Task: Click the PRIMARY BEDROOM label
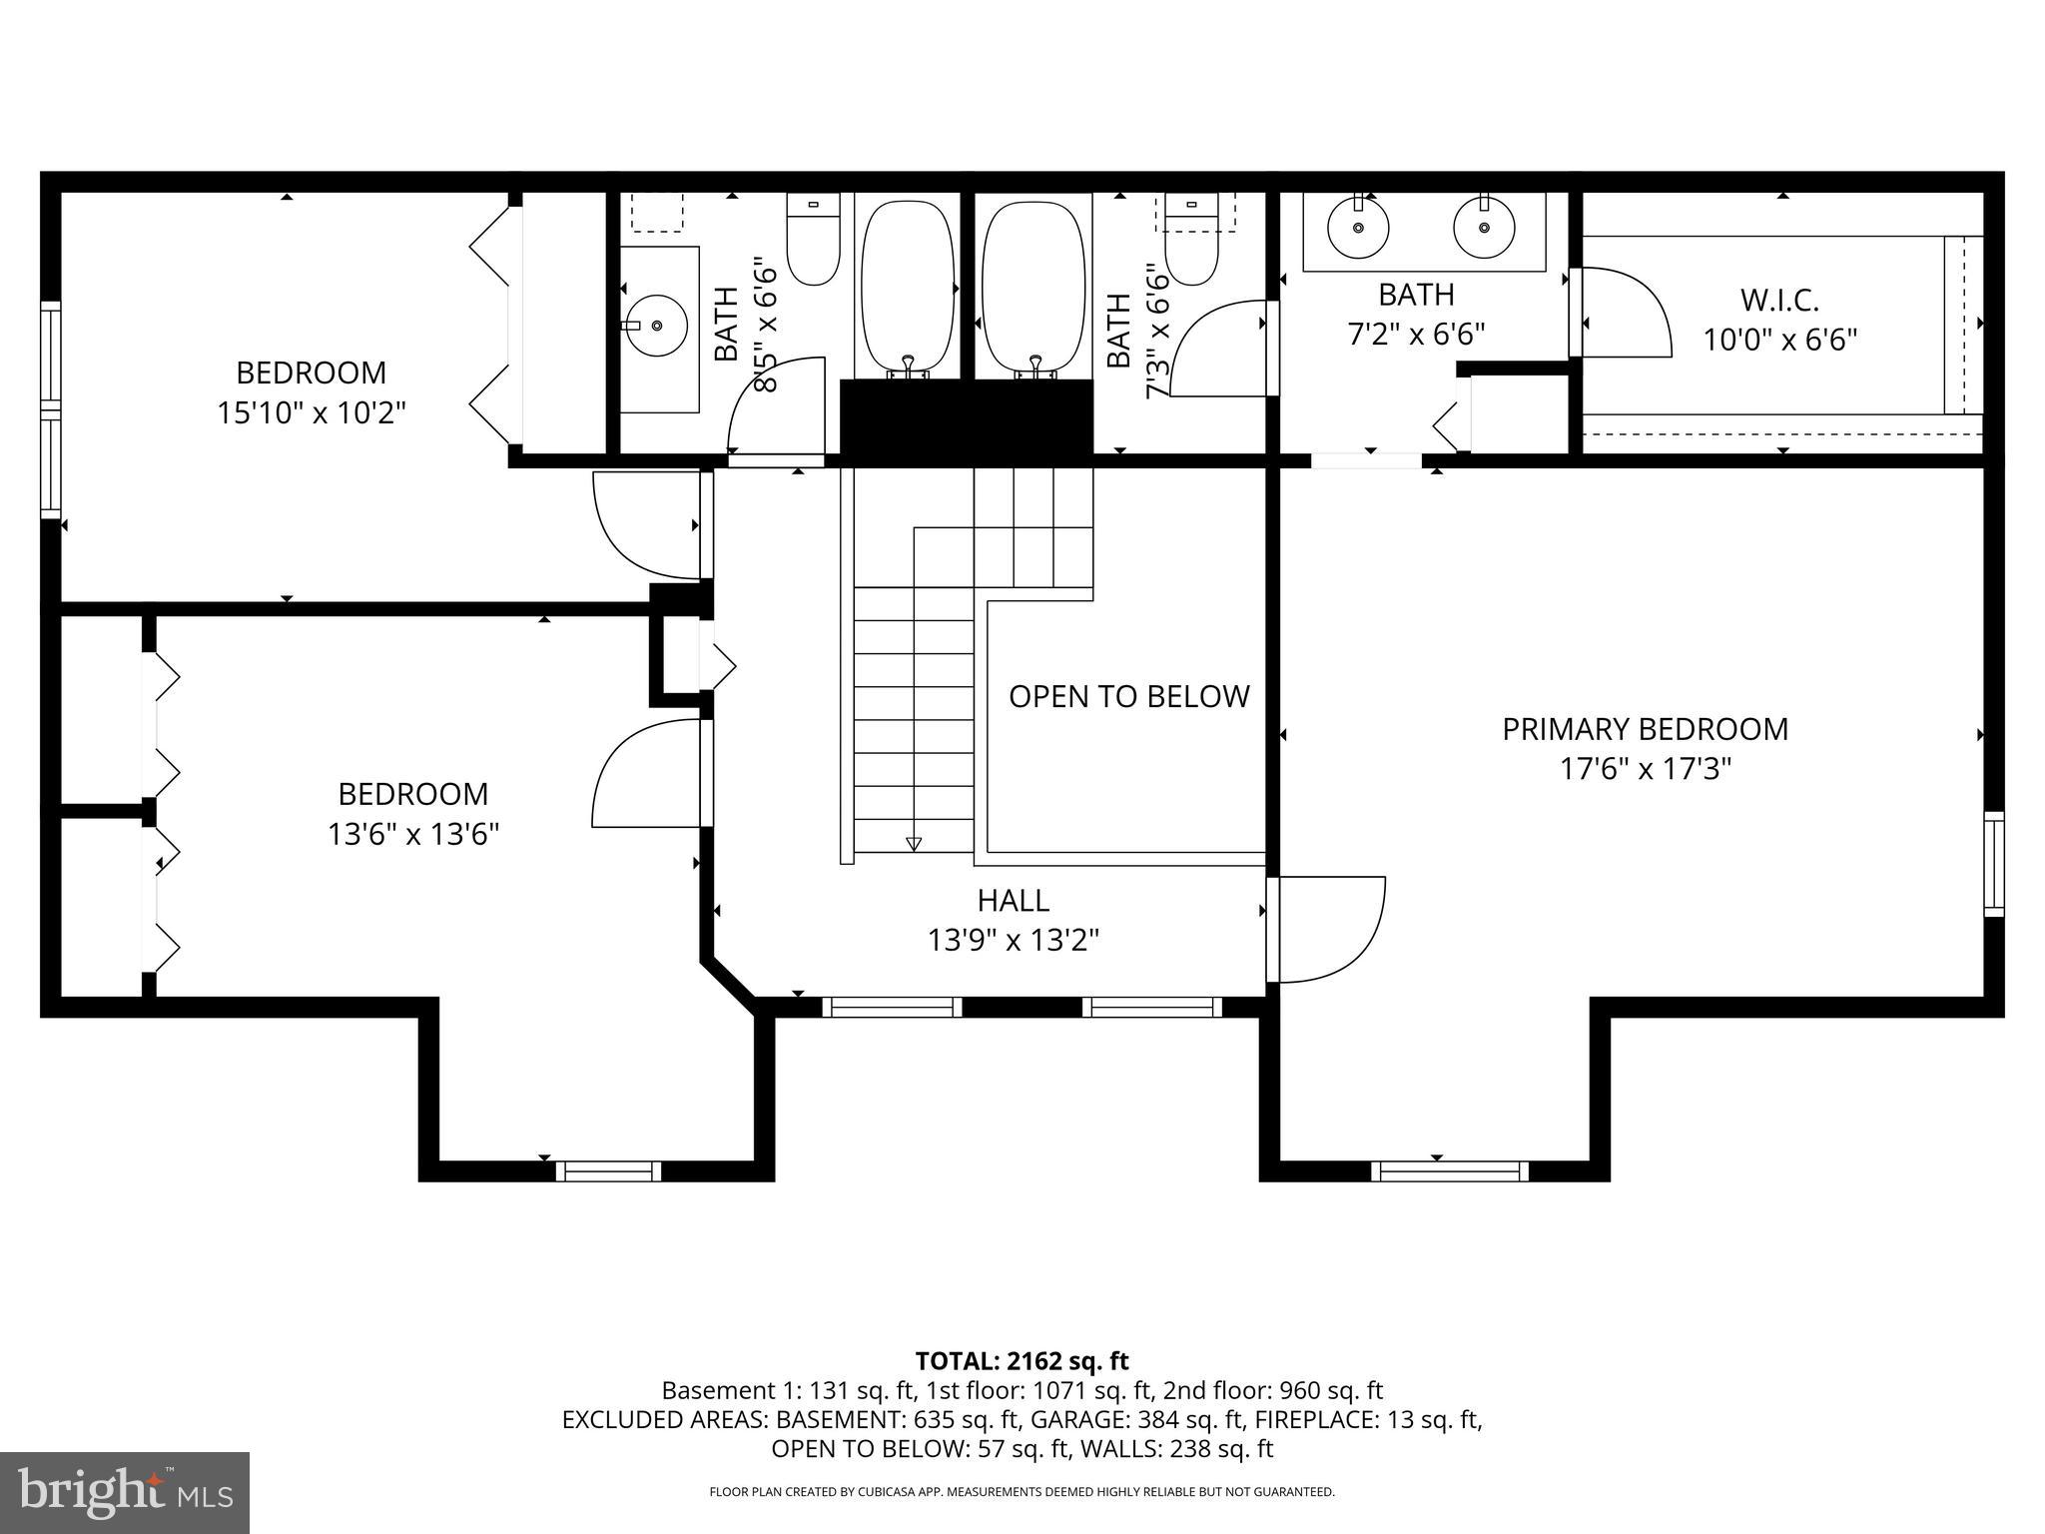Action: [x=1645, y=729]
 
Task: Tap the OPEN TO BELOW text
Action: [x=1128, y=696]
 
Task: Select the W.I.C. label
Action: [x=1779, y=300]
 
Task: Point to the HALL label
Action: [x=1013, y=901]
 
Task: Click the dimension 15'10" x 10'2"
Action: [x=312, y=412]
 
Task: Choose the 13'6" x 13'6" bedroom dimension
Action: [x=412, y=834]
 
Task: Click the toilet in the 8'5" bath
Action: [x=813, y=240]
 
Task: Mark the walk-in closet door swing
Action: [x=1623, y=312]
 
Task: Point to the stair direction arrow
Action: [x=913, y=844]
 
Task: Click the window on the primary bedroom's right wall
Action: [x=1993, y=864]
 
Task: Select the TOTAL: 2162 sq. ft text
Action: [x=1022, y=1361]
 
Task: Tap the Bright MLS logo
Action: [x=125, y=1493]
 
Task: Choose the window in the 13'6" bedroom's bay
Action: [x=608, y=1170]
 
